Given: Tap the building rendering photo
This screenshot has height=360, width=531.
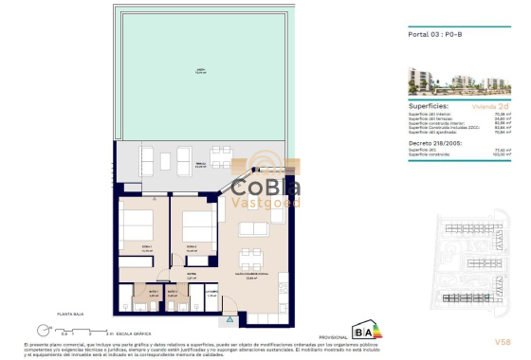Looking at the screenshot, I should pos(461,79).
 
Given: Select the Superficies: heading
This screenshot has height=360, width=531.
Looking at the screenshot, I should pos(430,106).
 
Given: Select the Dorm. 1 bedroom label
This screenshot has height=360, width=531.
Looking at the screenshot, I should pos(146,249).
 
